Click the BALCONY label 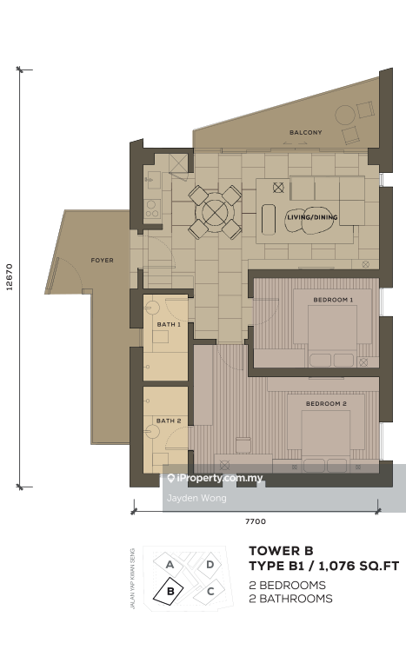(305, 132)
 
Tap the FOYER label (103, 261)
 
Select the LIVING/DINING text (312, 217)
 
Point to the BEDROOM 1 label (333, 300)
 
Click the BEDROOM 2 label (326, 404)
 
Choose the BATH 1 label (169, 324)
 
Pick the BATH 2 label (169, 421)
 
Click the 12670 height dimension (10, 277)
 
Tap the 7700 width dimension (256, 521)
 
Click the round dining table (215, 212)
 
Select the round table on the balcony (345, 115)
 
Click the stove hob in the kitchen (152, 209)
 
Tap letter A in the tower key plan (170, 565)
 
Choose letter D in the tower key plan (210, 564)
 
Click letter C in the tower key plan (210, 591)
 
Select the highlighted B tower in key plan (169, 592)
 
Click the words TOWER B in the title (281, 551)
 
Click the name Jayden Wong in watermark (196, 498)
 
